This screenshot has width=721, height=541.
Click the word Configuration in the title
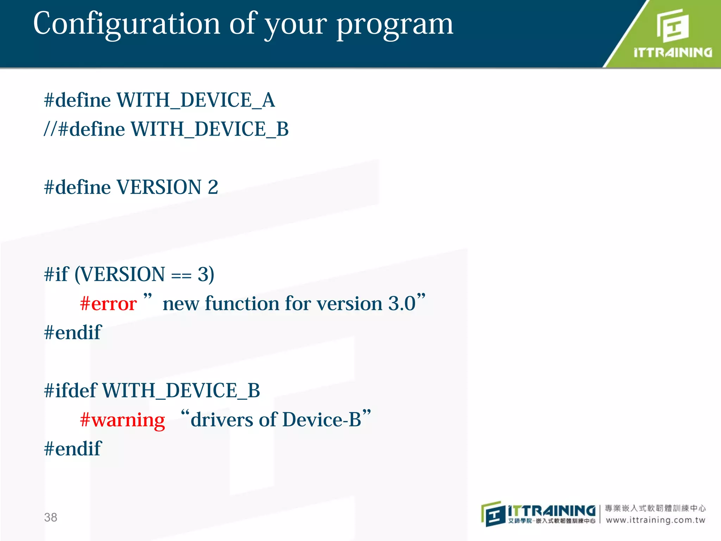coord(127,24)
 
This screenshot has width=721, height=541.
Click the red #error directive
coord(108,304)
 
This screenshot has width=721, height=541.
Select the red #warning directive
coord(122,420)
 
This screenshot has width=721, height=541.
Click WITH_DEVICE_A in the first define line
coord(195,100)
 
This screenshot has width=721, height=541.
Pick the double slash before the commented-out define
coord(50,129)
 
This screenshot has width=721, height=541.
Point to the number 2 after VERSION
coord(213,187)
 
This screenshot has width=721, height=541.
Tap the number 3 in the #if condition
coord(203,274)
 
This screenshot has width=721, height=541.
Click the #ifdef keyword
coord(70,391)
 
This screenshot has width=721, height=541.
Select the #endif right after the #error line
coord(73,332)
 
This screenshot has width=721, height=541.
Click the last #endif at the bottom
coord(73,449)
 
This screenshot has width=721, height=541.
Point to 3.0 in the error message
coord(402,304)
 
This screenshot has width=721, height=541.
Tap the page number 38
coord(50,517)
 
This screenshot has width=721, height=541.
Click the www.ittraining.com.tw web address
coord(656,520)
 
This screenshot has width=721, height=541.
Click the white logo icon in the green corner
coord(672,25)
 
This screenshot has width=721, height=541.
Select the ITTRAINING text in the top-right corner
coord(673,53)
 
